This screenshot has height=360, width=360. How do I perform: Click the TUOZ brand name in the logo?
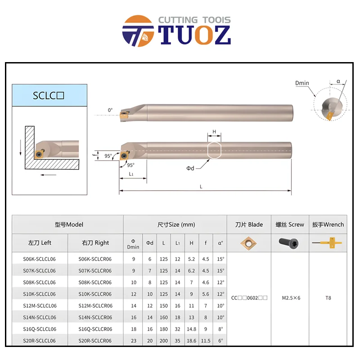click(x=195, y=35)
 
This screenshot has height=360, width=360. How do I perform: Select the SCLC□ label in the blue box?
click(x=49, y=95)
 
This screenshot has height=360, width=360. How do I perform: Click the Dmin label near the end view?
click(x=302, y=83)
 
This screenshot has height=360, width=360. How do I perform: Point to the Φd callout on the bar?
click(x=191, y=168)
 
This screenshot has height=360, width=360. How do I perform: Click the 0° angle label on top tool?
click(x=110, y=110)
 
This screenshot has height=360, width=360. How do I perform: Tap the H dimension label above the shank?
click(x=214, y=132)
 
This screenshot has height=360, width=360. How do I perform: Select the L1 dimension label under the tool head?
click(x=131, y=174)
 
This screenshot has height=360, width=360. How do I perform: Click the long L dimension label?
click(x=201, y=186)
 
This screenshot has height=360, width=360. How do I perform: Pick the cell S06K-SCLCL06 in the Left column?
click(x=40, y=259)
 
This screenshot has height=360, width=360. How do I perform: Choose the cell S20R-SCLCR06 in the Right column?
click(x=95, y=341)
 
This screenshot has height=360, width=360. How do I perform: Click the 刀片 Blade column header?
click(x=249, y=224)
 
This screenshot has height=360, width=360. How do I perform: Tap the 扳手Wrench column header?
click(x=328, y=224)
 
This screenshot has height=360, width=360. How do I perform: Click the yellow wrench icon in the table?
click(x=327, y=243)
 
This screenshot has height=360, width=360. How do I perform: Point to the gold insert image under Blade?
click(x=249, y=243)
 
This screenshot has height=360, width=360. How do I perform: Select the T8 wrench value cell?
click(x=328, y=298)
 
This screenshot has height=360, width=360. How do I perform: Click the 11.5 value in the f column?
click(x=206, y=341)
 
